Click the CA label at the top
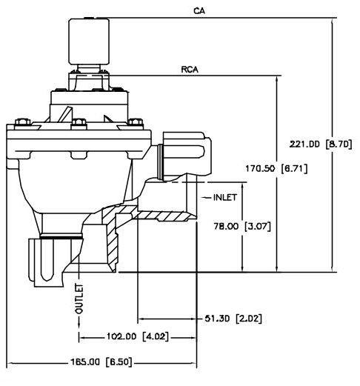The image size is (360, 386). [199, 11]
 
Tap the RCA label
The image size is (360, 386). [190, 70]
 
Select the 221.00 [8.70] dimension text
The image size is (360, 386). [321, 144]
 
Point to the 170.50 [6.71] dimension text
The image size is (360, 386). [276, 169]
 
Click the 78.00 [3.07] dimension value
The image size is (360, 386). [242, 226]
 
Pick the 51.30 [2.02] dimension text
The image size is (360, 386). [233, 319]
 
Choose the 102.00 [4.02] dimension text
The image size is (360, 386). [138, 336]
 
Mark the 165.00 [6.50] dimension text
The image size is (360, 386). [101, 362]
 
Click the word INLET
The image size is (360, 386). [225, 197]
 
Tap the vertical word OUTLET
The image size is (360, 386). [79, 299]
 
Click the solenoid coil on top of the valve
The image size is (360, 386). [89, 41]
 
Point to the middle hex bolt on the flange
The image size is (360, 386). [79, 124]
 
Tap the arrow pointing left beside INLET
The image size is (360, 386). [207, 197]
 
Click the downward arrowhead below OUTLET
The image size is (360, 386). [79, 325]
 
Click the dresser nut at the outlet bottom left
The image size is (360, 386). [55, 262]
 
